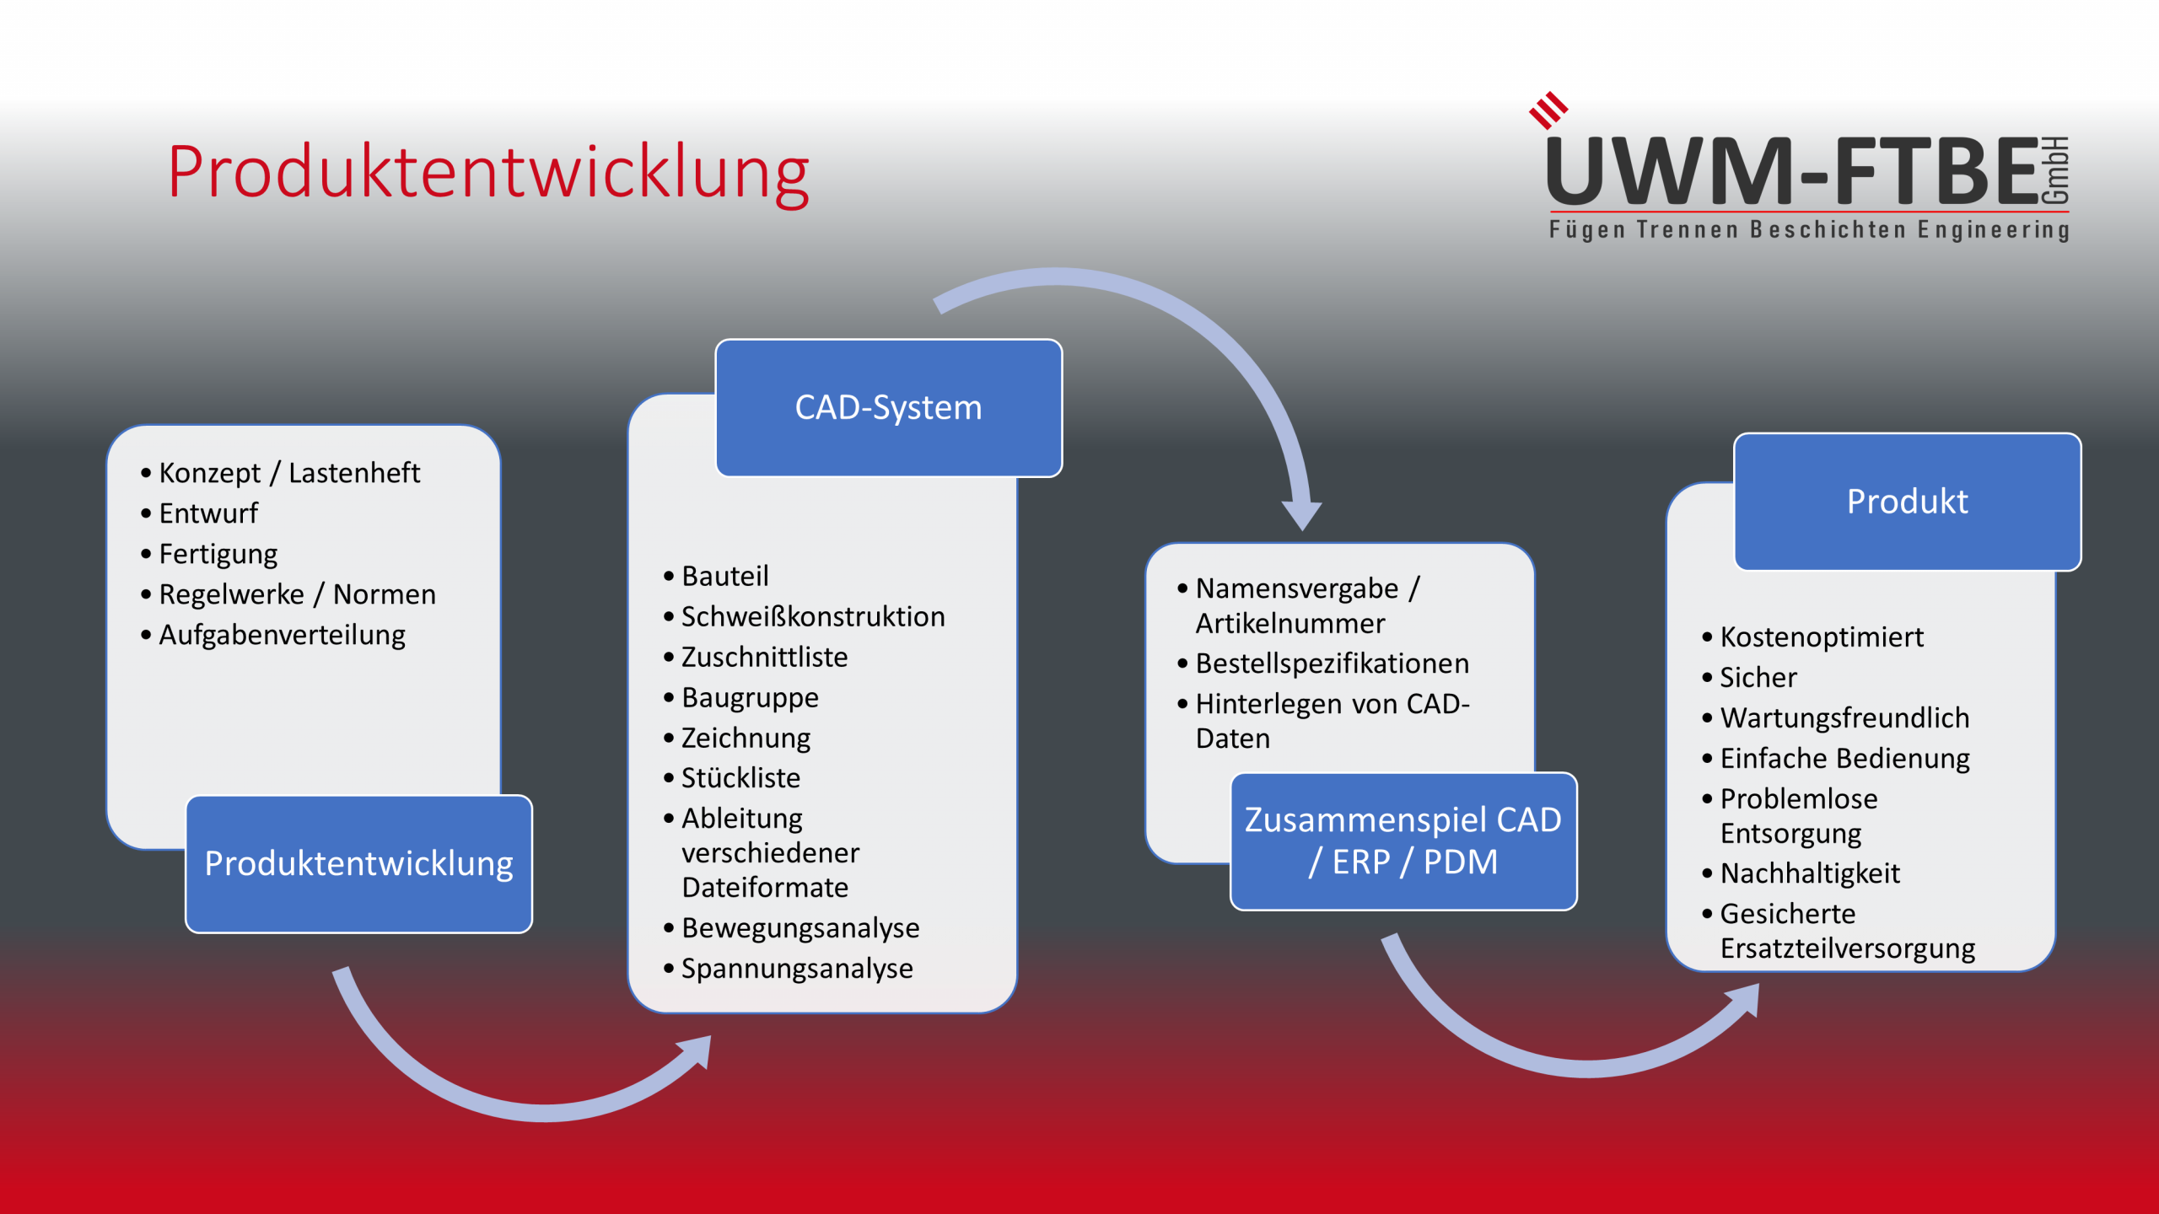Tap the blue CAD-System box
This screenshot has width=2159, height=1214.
click(888, 407)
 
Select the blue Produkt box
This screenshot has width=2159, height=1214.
click(1907, 502)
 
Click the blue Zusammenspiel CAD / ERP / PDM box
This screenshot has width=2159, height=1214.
click(1403, 841)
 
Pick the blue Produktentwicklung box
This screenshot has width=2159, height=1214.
click(358, 864)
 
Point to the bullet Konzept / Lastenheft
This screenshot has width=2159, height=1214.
click(288, 473)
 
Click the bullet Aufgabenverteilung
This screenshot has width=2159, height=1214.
click(282, 635)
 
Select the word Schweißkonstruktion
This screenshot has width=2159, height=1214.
click(813, 616)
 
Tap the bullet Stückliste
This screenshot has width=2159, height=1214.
click(740, 777)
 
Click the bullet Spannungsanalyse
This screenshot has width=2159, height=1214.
click(796, 969)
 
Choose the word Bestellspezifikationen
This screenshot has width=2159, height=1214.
click(1332, 663)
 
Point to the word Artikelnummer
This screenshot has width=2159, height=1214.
click(1289, 623)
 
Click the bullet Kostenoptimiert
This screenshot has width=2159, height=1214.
click(1822, 637)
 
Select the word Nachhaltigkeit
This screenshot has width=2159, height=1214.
click(1810, 873)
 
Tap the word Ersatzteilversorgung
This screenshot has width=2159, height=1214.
click(1847, 948)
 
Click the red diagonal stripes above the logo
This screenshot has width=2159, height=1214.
click(1548, 110)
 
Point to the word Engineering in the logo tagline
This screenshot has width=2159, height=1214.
click(1993, 229)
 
